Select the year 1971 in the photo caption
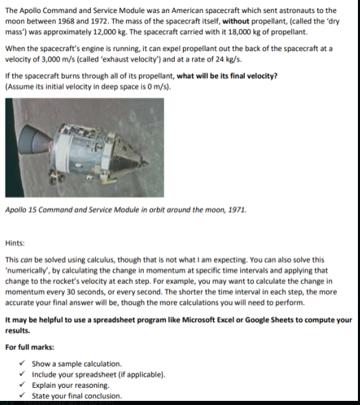[x=235, y=209]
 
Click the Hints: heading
[x=15, y=243]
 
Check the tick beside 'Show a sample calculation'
[x=24, y=362]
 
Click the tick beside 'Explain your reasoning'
[x=24, y=384]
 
